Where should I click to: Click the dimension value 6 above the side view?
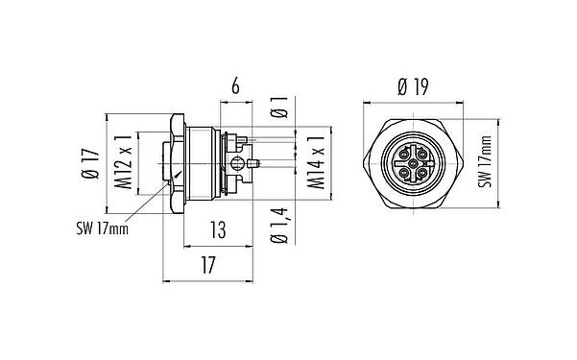coord(234,86)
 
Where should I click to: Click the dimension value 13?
coord(218,228)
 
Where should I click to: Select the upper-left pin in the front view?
coord(400,151)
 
